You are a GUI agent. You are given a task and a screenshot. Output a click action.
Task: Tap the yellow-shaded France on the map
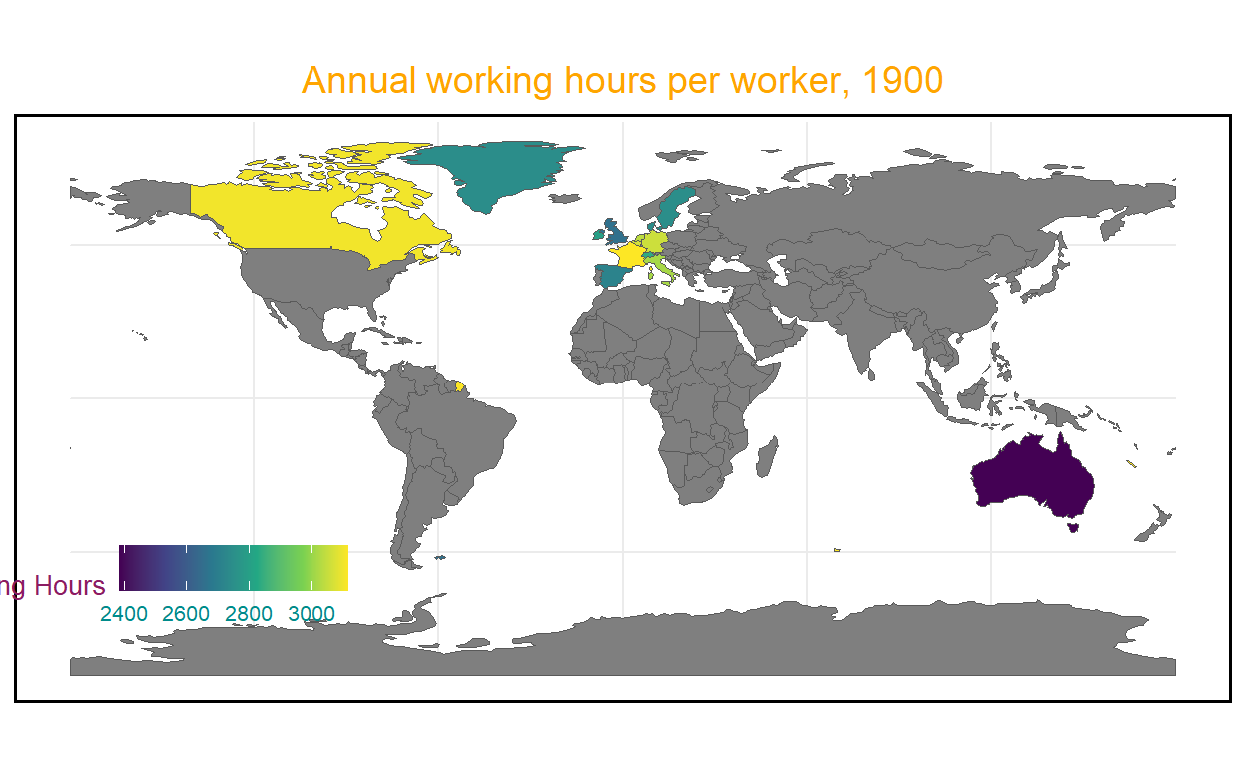630,255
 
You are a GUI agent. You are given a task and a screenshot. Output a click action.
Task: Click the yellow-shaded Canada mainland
270,215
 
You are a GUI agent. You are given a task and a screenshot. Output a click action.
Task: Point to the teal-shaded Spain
610,274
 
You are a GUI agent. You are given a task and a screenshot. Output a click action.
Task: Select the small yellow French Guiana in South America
459,384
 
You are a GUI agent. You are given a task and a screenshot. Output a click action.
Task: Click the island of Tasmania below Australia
1074,525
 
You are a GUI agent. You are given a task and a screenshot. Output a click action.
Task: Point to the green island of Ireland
600,234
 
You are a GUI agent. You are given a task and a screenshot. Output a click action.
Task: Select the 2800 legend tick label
250,613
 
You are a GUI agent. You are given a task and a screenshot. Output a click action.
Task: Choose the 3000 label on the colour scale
311,613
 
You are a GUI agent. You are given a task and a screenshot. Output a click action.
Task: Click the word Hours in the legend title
69,586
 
